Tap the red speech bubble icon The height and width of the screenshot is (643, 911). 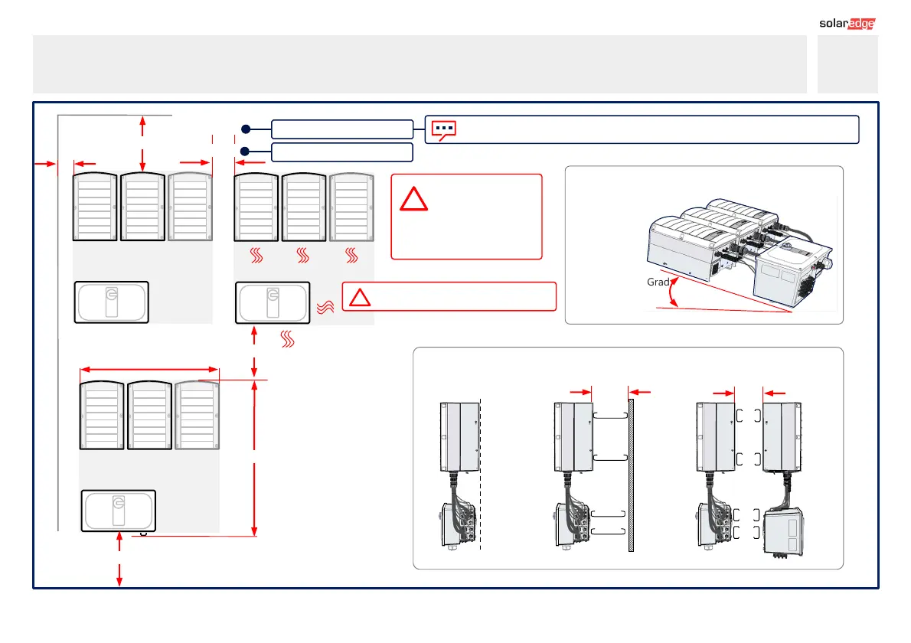(443, 129)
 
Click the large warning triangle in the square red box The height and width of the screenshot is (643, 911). (415, 199)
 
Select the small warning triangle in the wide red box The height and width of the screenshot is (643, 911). (360, 297)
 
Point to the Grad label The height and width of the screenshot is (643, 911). (658, 282)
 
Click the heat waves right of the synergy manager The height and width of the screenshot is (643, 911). (324, 308)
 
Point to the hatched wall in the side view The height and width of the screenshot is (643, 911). (631, 474)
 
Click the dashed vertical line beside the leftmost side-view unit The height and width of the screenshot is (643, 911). (480, 474)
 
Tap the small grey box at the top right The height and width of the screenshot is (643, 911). (847, 64)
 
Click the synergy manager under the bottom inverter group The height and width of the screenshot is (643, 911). (119, 511)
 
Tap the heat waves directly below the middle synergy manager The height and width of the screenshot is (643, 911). (288, 338)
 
